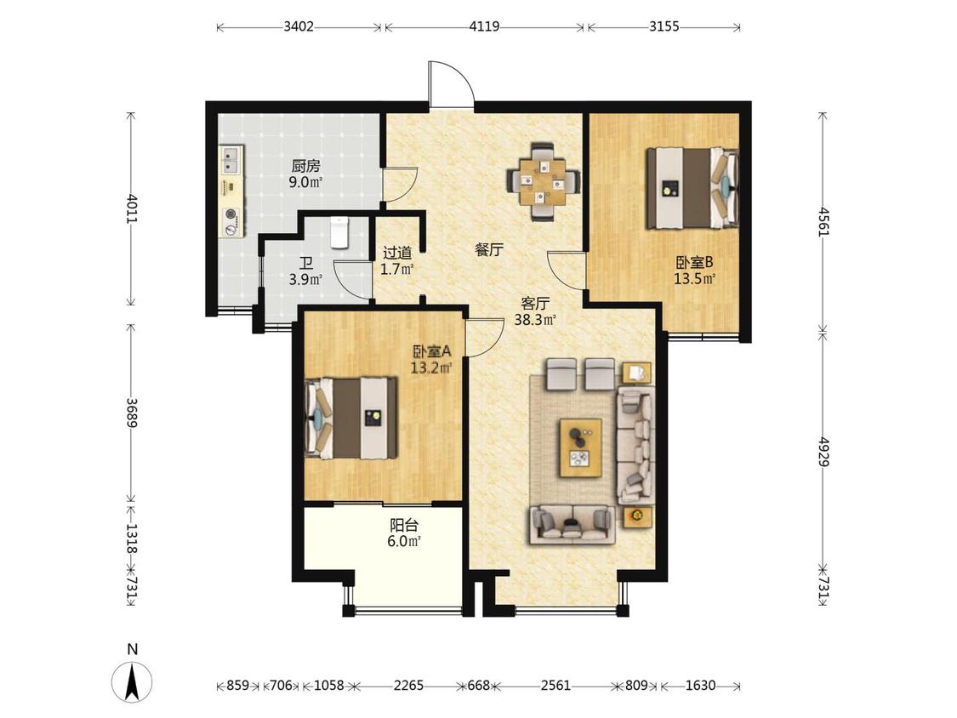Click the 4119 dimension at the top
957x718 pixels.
click(x=485, y=27)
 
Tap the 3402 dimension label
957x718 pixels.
click(x=299, y=27)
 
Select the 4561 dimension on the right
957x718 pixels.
click(x=824, y=222)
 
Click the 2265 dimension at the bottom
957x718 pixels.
click(x=408, y=686)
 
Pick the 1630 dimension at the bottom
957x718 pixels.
click(x=700, y=686)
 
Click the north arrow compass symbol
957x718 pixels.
click(x=132, y=680)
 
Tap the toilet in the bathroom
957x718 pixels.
click(x=339, y=232)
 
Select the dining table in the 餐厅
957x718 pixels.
click(x=544, y=181)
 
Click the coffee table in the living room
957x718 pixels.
click(x=581, y=447)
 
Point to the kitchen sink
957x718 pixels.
click(x=231, y=160)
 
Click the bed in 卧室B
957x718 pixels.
click(x=692, y=188)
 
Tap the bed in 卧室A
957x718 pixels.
click(x=351, y=419)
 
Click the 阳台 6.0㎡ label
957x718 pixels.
click(x=404, y=533)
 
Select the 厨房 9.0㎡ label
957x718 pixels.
click(x=305, y=174)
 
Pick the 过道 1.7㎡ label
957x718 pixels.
click(x=397, y=260)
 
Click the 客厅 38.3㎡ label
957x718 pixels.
click(x=535, y=311)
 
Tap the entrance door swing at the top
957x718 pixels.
click(x=451, y=84)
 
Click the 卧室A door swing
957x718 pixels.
click(x=484, y=338)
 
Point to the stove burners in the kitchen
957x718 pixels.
click(x=231, y=220)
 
